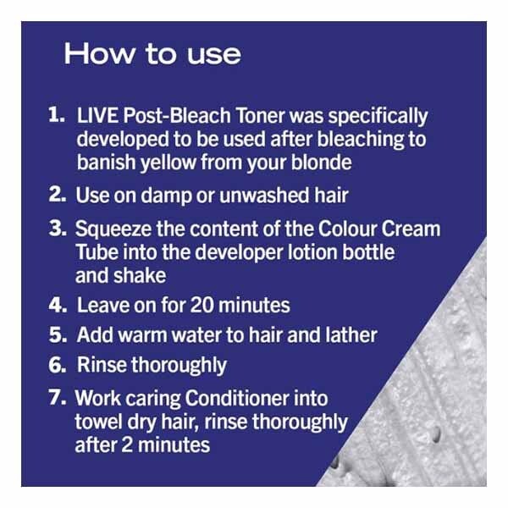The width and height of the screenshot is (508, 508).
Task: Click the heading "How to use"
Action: pos(152,53)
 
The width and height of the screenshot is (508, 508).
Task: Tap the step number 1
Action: pos(57,115)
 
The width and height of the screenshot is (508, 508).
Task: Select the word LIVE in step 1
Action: pos(97,115)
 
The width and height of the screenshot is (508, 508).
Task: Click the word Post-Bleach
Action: pos(177,115)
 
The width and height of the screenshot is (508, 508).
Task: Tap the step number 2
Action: pos(58,195)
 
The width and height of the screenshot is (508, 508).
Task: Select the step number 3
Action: pos(58,228)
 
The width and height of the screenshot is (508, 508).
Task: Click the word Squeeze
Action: pos(113,229)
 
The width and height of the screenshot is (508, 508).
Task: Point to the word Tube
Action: pos(97,251)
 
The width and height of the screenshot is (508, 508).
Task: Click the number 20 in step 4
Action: pos(202,305)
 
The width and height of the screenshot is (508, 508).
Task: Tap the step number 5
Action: pos(58,334)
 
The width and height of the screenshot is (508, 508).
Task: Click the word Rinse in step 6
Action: pos(102,364)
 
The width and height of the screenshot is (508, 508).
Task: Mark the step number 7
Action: pos(58,397)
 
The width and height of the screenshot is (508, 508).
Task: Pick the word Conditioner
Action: pos(237,398)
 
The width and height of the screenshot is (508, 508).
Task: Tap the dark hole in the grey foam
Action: pos(437,434)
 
